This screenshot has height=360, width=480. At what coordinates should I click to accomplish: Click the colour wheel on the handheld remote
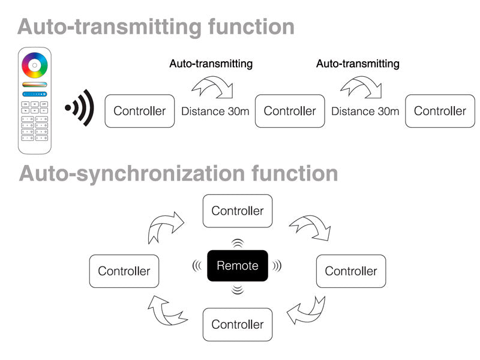34,64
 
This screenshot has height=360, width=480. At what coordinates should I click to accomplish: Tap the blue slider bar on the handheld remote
34,94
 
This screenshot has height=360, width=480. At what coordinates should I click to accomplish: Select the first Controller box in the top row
140,111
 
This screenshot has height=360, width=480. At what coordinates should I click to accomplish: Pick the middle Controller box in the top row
290,111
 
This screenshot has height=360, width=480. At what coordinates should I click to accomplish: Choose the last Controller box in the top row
440,111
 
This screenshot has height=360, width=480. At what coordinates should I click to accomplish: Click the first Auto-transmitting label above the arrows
211,64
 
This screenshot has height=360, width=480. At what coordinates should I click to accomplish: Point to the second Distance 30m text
365,111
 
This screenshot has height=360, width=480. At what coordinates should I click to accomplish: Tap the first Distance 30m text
215,111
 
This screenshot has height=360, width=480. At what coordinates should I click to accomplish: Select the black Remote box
238,266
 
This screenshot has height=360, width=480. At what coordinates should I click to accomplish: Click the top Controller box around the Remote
238,211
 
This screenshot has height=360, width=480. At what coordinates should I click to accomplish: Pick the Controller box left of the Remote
124,271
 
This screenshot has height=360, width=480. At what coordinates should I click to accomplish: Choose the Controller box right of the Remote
351,271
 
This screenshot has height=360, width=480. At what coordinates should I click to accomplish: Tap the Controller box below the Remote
238,325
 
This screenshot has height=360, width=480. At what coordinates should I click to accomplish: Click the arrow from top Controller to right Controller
310,227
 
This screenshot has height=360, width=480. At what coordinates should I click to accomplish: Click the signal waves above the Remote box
238,243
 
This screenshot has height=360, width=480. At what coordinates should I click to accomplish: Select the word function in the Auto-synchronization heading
295,173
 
